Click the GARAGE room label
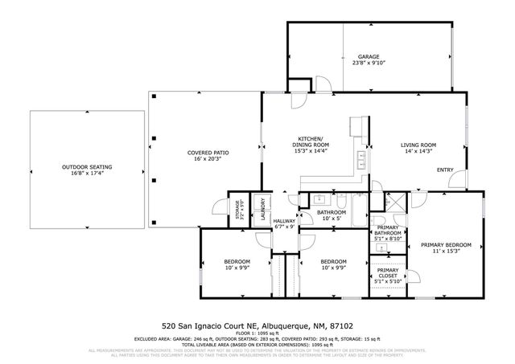pyautogui.click(x=369, y=57)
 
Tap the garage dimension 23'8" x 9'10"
pyautogui.click(x=369, y=63)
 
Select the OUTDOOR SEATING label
pyautogui.click(x=87, y=167)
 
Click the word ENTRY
pyautogui.click(x=445, y=170)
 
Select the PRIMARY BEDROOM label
pyautogui.click(x=447, y=244)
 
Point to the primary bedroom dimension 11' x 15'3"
pyautogui.click(x=447, y=252)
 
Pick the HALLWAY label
pyautogui.click(x=284, y=221)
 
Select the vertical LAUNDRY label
pyautogui.click(x=262, y=209)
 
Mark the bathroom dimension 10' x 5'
pyautogui.click(x=310, y=219)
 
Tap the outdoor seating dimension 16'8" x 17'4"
pyautogui.click(x=87, y=174)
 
